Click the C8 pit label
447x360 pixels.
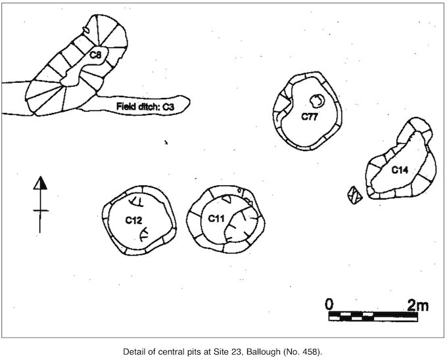point(95,55)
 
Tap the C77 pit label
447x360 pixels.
point(310,117)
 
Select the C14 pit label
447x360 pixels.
point(400,170)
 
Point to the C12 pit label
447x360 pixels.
point(133,220)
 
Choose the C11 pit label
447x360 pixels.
point(216,219)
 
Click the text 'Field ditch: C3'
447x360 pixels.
point(145,106)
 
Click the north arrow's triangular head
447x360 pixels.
point(40,183)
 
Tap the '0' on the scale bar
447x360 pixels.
point(329,304)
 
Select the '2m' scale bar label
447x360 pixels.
point(418,305)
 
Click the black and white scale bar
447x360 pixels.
point(373,317)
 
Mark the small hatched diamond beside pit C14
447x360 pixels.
point(355,195)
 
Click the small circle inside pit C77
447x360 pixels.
point(317,101)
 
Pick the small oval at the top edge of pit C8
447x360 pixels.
point(86,30)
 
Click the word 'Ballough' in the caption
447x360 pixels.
point(264,351)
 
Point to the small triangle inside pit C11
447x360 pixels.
point(227,198)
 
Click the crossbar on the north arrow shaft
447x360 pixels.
point(41,211)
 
